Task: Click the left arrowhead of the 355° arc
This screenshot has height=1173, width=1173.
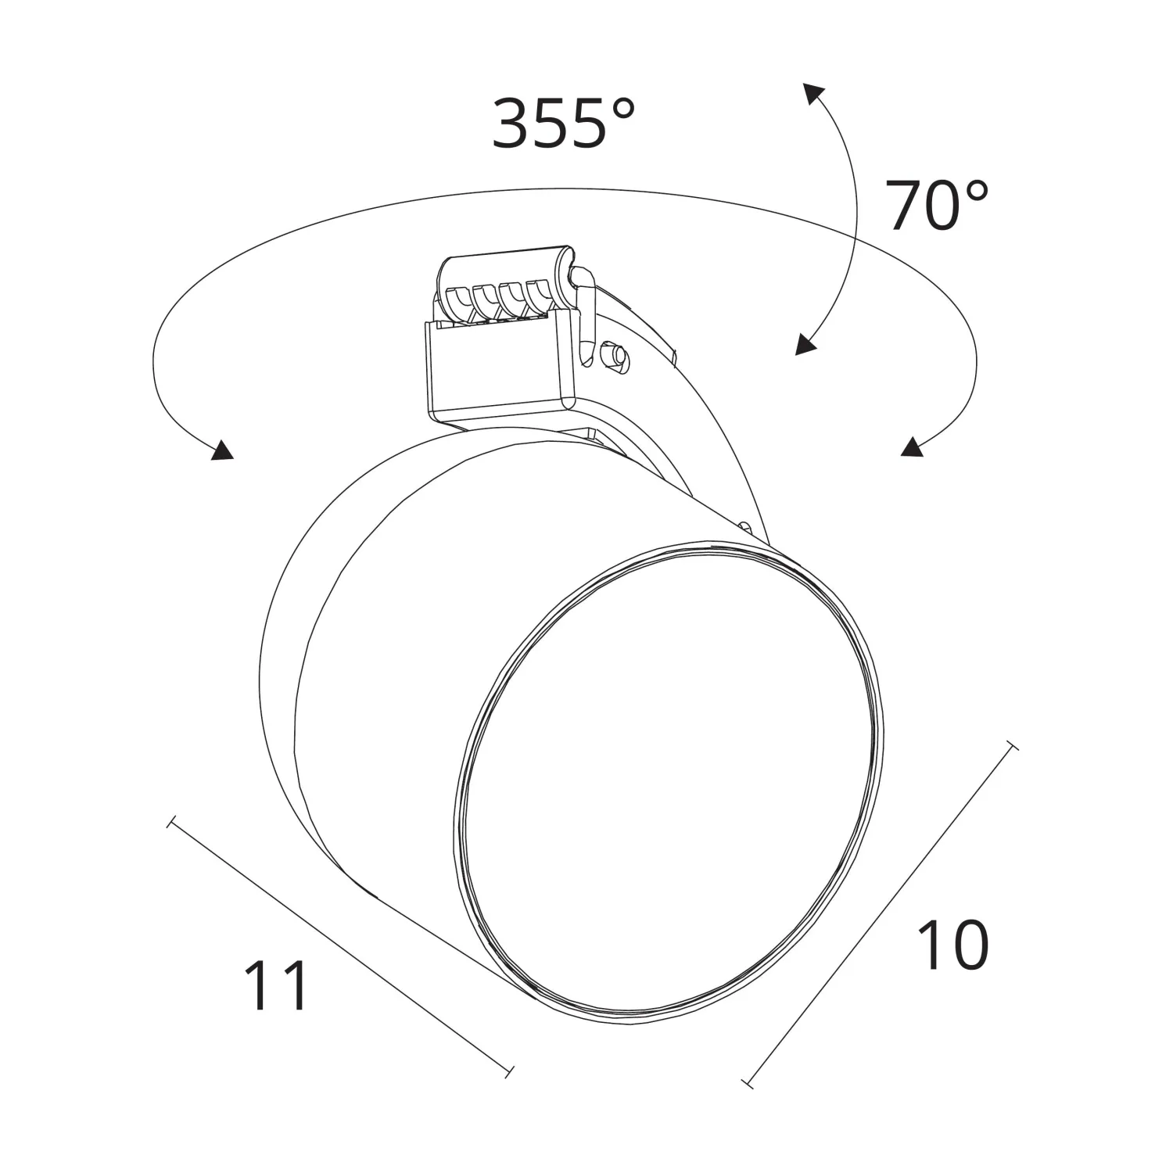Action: click(x=222, y=450)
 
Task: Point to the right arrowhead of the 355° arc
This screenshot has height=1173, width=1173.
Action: click(x=910, y=447)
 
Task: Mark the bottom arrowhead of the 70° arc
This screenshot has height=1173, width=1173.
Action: click(x=805, y=344)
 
